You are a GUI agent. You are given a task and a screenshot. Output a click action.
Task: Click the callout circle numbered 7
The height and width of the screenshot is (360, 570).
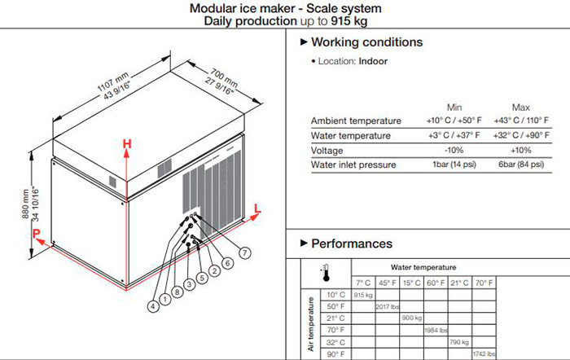245,252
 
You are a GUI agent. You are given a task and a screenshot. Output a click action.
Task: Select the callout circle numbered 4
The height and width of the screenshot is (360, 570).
153,306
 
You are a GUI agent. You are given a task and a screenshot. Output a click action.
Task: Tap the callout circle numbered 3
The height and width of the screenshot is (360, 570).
190,284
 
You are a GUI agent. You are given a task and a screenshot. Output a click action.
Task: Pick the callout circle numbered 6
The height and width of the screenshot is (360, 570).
227,263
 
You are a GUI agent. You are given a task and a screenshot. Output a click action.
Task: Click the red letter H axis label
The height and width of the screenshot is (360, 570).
127,144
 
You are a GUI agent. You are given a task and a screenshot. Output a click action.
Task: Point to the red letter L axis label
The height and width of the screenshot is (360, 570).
257,209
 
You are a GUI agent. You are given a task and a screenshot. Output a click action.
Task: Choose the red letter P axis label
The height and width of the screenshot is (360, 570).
36,234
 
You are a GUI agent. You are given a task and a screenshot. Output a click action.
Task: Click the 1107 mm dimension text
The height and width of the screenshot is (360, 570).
113,81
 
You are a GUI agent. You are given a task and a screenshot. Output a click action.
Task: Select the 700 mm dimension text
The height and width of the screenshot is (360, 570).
224,78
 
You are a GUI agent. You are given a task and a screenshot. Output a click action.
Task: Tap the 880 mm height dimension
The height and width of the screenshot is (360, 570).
25,204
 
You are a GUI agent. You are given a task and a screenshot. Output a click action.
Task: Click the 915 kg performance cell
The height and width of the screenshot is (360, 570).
363,295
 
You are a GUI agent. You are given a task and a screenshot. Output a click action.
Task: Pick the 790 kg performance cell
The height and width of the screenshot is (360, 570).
459,342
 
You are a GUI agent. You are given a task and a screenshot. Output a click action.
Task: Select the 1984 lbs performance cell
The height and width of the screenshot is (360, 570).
436,330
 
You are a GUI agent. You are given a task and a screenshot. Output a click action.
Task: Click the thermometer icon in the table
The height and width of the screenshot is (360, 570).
326,273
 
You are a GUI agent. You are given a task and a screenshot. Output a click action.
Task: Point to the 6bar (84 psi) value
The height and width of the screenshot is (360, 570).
521,165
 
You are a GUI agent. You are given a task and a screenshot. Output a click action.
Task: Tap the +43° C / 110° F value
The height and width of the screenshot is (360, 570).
521,121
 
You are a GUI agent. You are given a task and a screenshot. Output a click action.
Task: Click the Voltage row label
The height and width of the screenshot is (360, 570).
327,150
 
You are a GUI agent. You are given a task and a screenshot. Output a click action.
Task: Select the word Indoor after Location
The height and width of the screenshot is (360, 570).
373,61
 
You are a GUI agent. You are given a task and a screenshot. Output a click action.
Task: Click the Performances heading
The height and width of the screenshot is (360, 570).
352,244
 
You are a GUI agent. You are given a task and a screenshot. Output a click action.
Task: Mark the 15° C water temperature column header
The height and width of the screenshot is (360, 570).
412,283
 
